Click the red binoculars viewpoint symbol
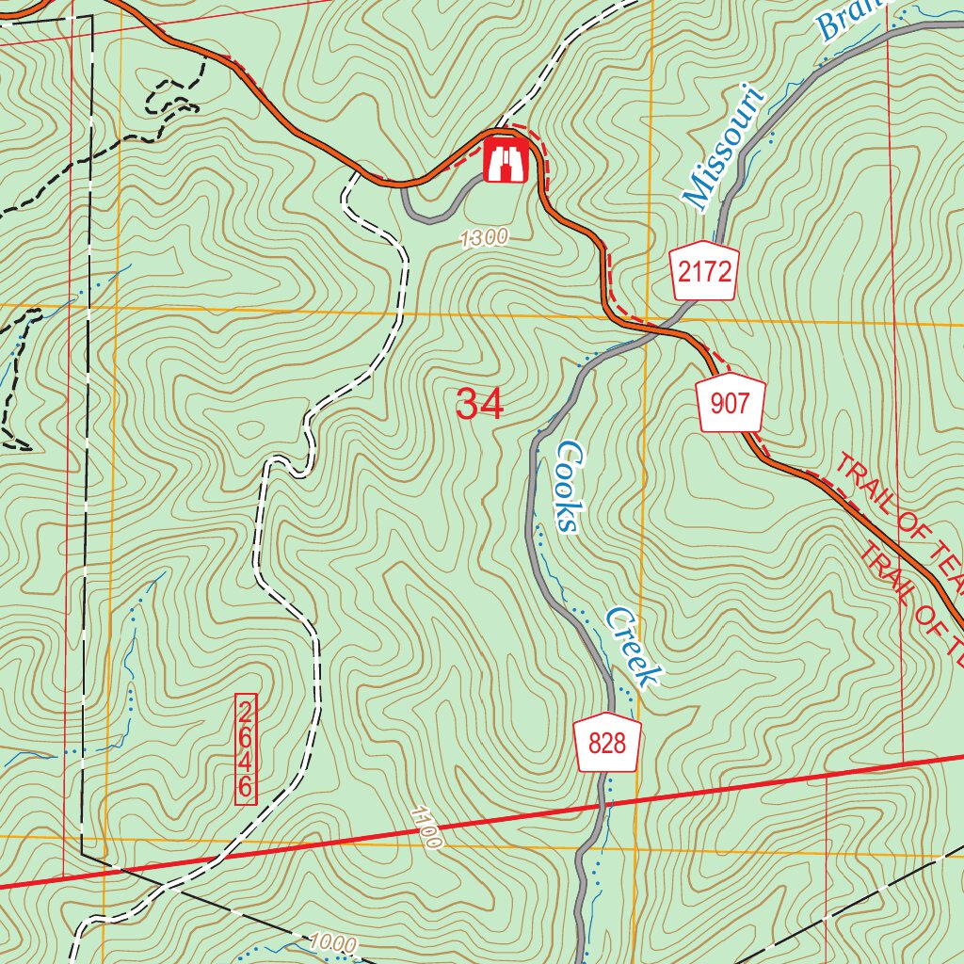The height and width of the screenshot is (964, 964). [505, 159]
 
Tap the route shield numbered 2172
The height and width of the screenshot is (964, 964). [704, 273]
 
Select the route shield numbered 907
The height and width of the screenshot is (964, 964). [731, 405]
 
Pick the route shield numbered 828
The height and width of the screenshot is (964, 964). [607, 745]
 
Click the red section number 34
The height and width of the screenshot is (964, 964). [480, 405]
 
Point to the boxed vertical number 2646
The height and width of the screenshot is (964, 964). [245, 749]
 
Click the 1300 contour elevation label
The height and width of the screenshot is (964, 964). [485, 238]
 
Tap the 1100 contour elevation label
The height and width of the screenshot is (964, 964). [426, 827]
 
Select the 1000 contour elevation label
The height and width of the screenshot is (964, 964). [331, 943]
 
